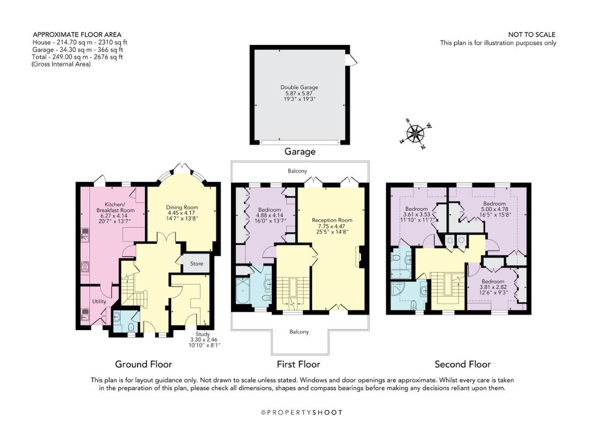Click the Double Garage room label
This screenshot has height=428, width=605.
click(x=299, y=87)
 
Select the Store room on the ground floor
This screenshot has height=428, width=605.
click(x=196, y=264)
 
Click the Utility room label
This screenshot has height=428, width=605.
click(x=99, y=301)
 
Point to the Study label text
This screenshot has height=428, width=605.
click(x=203, y=334)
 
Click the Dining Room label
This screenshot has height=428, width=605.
click(x=182, y=207)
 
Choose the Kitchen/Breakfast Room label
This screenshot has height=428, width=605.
click(x=116, y=207)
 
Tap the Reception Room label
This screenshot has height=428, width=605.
click(x=332, y=220)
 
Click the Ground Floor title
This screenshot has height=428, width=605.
click(x=143, y=364)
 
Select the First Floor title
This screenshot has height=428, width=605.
click(x=298, y=364)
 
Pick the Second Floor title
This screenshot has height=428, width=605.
click(x=463, y=364)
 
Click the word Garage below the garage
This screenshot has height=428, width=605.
click(x=300, y=151)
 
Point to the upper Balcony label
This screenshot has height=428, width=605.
click(x=297, y=171)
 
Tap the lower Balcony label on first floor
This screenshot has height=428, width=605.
click(x=299, y=332)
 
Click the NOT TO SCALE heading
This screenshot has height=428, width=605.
click(x=532, y=34)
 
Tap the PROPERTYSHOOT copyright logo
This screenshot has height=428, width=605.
click(x=302, y=412)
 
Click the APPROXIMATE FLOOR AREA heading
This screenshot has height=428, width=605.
click(x=77, y=34)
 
